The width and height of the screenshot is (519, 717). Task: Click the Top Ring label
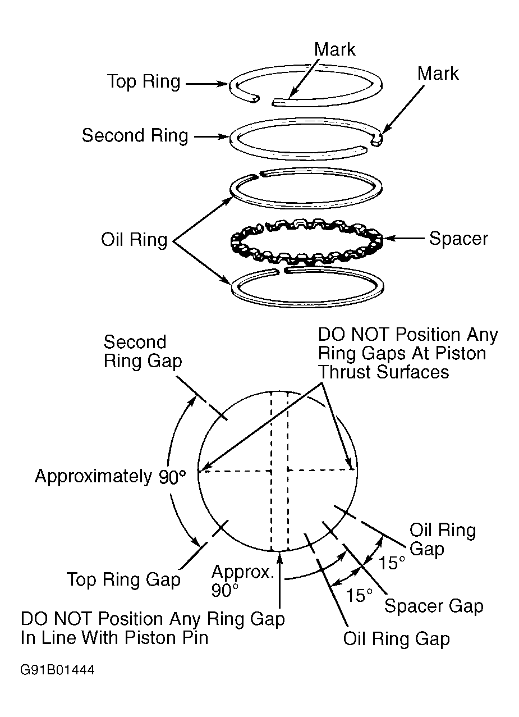(144, 81)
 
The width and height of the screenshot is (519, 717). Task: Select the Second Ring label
(135, 135)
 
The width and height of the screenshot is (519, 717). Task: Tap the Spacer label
(458, 239)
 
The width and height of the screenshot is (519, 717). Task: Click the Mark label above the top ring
(334, 49)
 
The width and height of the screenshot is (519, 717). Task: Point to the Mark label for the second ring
(438, 74)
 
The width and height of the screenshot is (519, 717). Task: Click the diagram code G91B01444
(58, 670)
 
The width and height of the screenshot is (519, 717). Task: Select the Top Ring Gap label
(123, 579)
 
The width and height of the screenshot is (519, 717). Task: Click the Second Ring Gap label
(143, 351)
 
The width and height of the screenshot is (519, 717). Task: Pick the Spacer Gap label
(434, 606)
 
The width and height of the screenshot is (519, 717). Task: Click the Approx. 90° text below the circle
(242, 581)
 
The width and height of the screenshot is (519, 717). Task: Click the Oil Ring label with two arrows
(134, 239)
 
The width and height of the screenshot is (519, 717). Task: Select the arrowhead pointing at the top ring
(224, 84)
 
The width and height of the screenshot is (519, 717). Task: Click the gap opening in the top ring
(264, 99)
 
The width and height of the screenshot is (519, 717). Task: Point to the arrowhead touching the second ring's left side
(224, 136)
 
